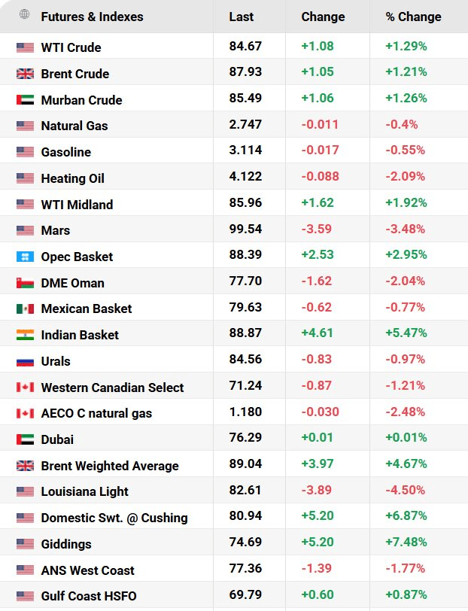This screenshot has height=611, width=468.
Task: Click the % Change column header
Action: pos(413,17)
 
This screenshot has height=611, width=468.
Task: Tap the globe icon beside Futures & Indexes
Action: pos(24,14)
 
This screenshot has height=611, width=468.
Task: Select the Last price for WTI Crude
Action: pos(245,46)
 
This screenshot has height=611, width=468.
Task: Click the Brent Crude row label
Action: pos(74,74)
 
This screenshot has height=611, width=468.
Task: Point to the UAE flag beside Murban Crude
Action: pos(25,100)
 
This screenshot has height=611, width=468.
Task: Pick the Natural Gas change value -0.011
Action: pos(320,124)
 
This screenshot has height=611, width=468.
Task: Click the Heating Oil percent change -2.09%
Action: pos(405,176)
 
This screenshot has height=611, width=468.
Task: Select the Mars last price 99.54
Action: pos(245,229)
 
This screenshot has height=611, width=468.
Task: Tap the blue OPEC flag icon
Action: pos(25,257)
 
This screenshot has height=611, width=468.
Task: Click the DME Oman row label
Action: pos(72,283)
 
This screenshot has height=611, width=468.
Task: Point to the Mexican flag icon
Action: pos(25,309)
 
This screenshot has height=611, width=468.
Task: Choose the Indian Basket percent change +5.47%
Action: pos(406,333)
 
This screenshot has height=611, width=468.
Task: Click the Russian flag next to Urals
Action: pos(25,361)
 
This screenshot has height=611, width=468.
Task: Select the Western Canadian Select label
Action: pos(112,388)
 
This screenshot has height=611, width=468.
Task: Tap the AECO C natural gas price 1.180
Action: pos(245,412)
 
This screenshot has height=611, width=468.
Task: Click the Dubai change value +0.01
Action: pos(317,437)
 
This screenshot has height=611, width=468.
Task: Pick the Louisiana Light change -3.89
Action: pos(316,490)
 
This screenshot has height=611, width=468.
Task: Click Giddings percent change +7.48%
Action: pos(406,542)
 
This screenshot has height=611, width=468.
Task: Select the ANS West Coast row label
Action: pos(88,570)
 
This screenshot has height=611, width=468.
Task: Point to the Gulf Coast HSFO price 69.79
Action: pos(245,594)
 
